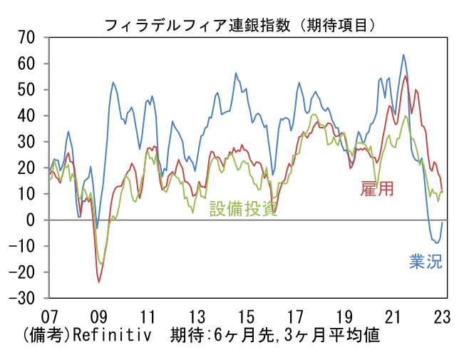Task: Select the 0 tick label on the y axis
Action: click(31, 220)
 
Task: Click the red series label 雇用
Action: click(377, 189)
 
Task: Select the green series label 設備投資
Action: click(242, 208)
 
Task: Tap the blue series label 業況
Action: click(426, 261)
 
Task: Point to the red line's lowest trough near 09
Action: click(98, 282)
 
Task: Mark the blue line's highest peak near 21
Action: click(403, 54)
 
